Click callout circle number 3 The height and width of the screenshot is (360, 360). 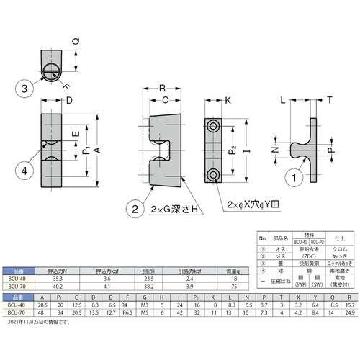(x=25, y=89)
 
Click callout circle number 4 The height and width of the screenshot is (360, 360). (x=25, y=171)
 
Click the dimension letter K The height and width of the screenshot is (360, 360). (x=229, y=100)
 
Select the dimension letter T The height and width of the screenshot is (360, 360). (x=329, y=101)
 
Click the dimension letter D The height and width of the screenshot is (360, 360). (x=69, y=100)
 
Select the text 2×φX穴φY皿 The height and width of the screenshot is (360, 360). (x=252, y=204)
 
